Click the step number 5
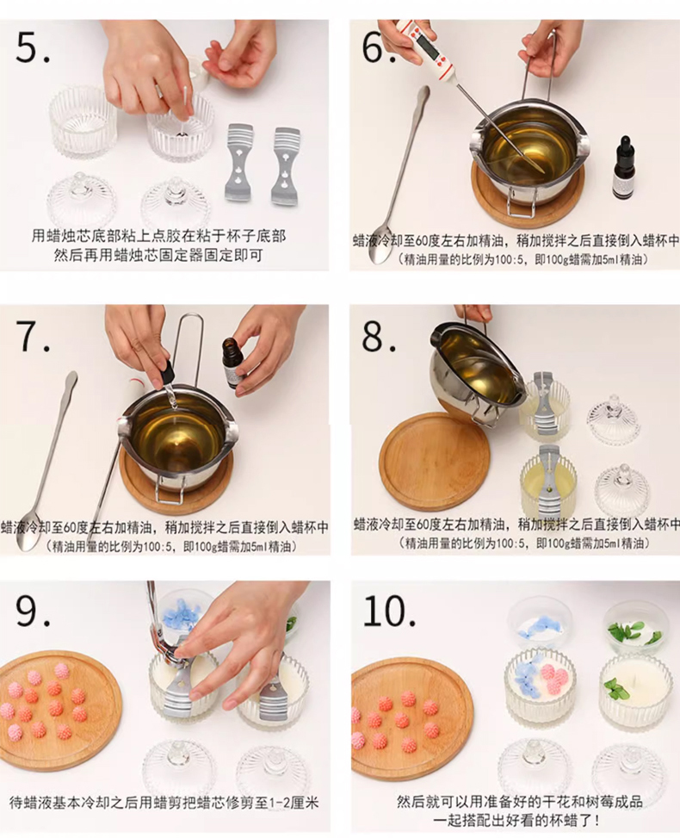[32, 47]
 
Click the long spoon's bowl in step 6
[380, 251]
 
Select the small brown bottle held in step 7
[230, 363]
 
